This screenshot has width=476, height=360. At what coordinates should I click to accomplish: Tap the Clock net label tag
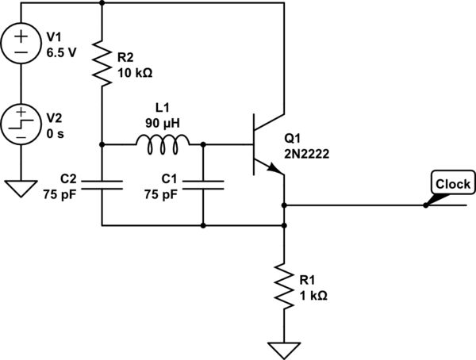tap(452, 184)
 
